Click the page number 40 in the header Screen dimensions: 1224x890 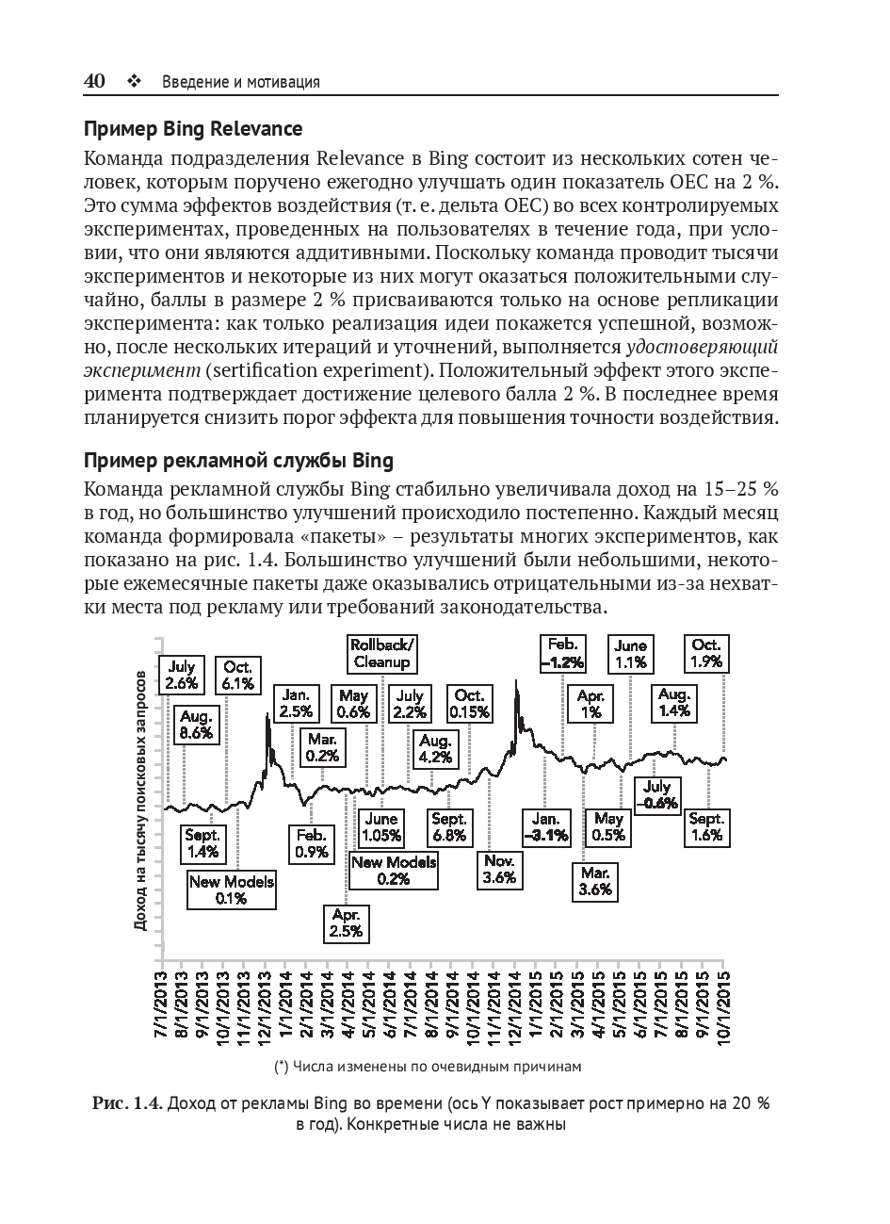[x=94, y=81]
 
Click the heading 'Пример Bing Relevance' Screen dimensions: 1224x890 [x=193, y=128]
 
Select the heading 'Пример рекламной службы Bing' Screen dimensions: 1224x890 [x=238, y=462]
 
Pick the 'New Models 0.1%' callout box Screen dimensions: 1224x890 [x=231, y=889]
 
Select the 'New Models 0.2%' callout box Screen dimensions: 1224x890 [x=393, y=870]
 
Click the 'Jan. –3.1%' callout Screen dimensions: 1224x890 [x=545, y=826]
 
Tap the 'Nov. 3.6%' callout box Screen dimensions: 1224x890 [x=498, y=869]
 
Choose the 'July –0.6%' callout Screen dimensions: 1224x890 [x=656, y=795]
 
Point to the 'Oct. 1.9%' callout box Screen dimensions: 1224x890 [x=705, y=653]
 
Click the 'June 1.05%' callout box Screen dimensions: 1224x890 [x=381, y=827]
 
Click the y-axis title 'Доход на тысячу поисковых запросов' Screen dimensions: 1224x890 [x=140, y=801]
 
